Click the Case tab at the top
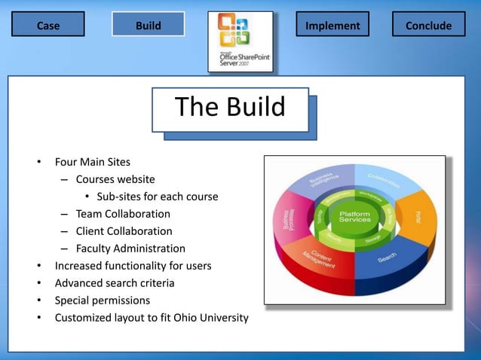48,25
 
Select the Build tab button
148,25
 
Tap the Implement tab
332,25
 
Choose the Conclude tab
428,25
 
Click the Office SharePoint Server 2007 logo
240,41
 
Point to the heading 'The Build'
230,107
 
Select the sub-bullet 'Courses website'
115,179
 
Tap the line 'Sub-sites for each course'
157,197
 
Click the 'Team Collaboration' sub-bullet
123,214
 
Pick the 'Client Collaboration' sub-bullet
124,231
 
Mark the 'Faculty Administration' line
130,249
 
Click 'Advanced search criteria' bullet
115,283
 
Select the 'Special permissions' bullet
103,301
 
